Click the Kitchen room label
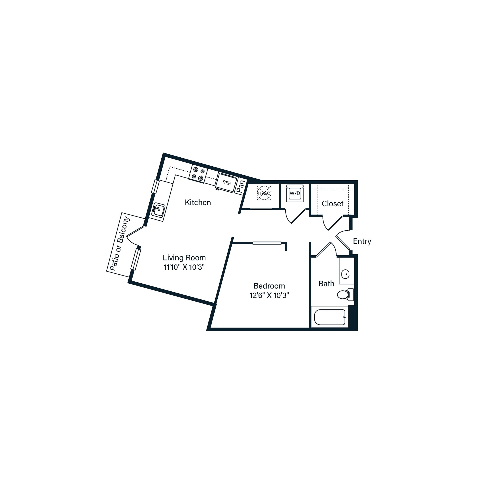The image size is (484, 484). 198,203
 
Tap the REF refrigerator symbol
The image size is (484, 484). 226,183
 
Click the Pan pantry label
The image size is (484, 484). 241,186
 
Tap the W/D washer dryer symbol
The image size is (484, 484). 295,193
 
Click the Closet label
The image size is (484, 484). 333,204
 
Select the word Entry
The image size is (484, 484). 362,241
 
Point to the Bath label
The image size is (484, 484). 326,284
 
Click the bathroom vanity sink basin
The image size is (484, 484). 346,274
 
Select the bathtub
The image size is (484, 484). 330,317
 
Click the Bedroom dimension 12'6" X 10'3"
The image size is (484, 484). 269,296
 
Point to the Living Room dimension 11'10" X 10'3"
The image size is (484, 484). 184,267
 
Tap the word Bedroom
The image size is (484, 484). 269,286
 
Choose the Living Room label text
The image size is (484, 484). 184,258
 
